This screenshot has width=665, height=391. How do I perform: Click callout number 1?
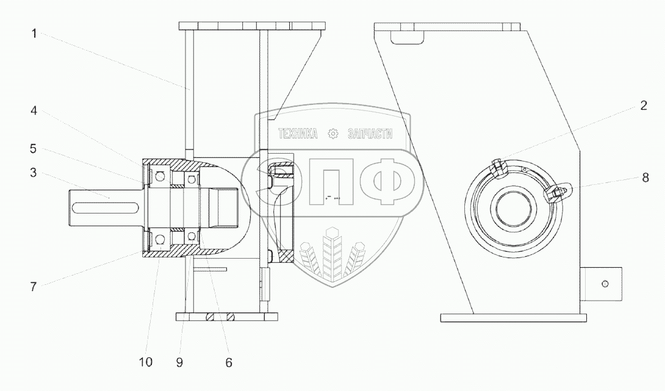(x=34, y=34)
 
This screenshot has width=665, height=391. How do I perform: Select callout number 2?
(x=644, y=106)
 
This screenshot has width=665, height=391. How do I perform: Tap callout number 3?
(x=33, y=173)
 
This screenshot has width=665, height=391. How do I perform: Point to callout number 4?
(x=34, y=111)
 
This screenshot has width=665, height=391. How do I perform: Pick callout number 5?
(x=33, y=149)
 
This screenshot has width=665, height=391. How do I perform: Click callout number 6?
(x=229, y=362)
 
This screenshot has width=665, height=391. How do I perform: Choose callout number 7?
(x=34, y=287)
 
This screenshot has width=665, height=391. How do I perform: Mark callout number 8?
(x=645, y=178)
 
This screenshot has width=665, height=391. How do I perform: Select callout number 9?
(x=179, y=362)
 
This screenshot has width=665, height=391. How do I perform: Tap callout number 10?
(x=145, y=362)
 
